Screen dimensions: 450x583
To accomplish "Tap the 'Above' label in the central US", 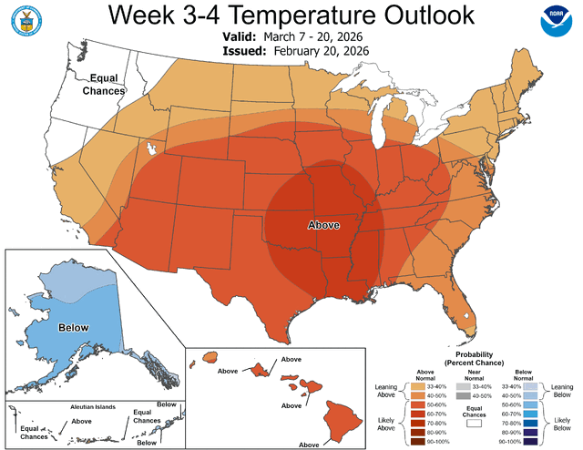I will (323, 223).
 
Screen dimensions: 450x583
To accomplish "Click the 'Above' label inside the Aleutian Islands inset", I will (81, 421).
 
